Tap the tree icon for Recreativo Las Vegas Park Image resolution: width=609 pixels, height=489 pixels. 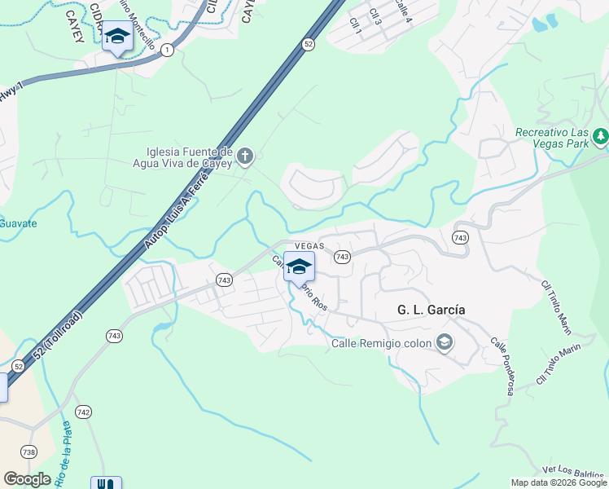[x=601, y=135]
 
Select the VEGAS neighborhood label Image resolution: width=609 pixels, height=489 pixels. [x=309, y=245]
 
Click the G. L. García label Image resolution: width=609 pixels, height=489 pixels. [x=430, y=310]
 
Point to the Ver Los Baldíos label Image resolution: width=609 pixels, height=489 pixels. [x=574, y=472]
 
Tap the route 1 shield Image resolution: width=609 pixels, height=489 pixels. [x=167, y=50]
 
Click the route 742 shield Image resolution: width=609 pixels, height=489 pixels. [x=83, y=412]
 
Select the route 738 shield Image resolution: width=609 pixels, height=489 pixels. [x=29, y=452]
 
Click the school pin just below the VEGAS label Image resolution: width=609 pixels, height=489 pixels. [x=299, y=267]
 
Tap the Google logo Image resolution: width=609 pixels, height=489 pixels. [x=28, y=479]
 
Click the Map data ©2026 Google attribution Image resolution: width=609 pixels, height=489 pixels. [x=559, y=482]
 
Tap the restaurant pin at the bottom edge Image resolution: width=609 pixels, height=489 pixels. [x=106, y=483]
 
